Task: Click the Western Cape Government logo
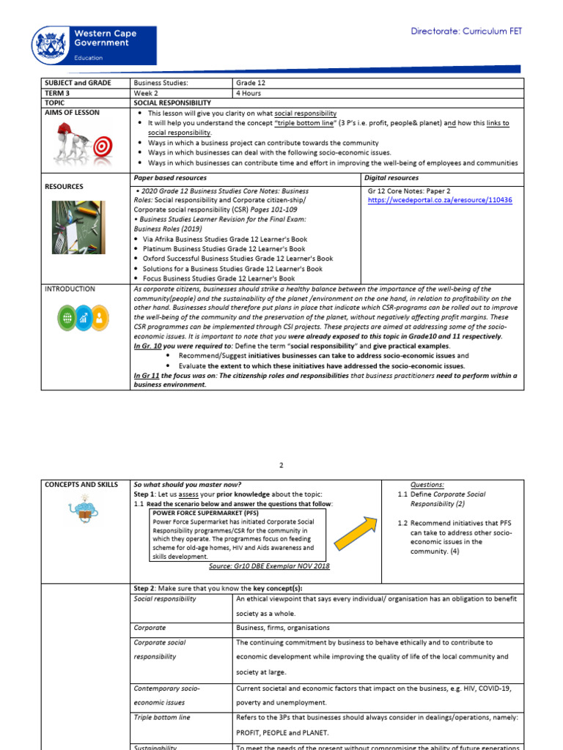click(93, 44)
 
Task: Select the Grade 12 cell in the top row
click(251, 83)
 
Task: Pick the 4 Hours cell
click(250, 94)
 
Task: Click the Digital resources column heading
click(392, 178)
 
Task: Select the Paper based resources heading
click(169, 178)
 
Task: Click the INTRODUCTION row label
click(70, 289)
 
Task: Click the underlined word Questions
click(427, 485)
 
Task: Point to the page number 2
click(281, 464)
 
